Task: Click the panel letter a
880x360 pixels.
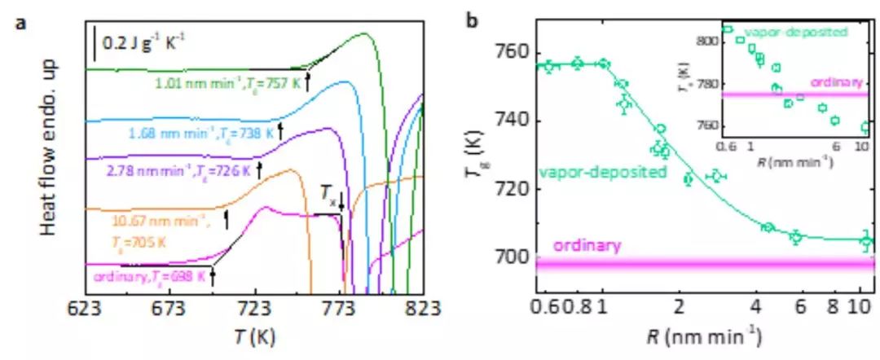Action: (17, 19)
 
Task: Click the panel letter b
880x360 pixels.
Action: (472, 19)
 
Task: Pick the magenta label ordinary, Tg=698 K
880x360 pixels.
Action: (149, 275)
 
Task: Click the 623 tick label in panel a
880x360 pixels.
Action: (86, 310)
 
